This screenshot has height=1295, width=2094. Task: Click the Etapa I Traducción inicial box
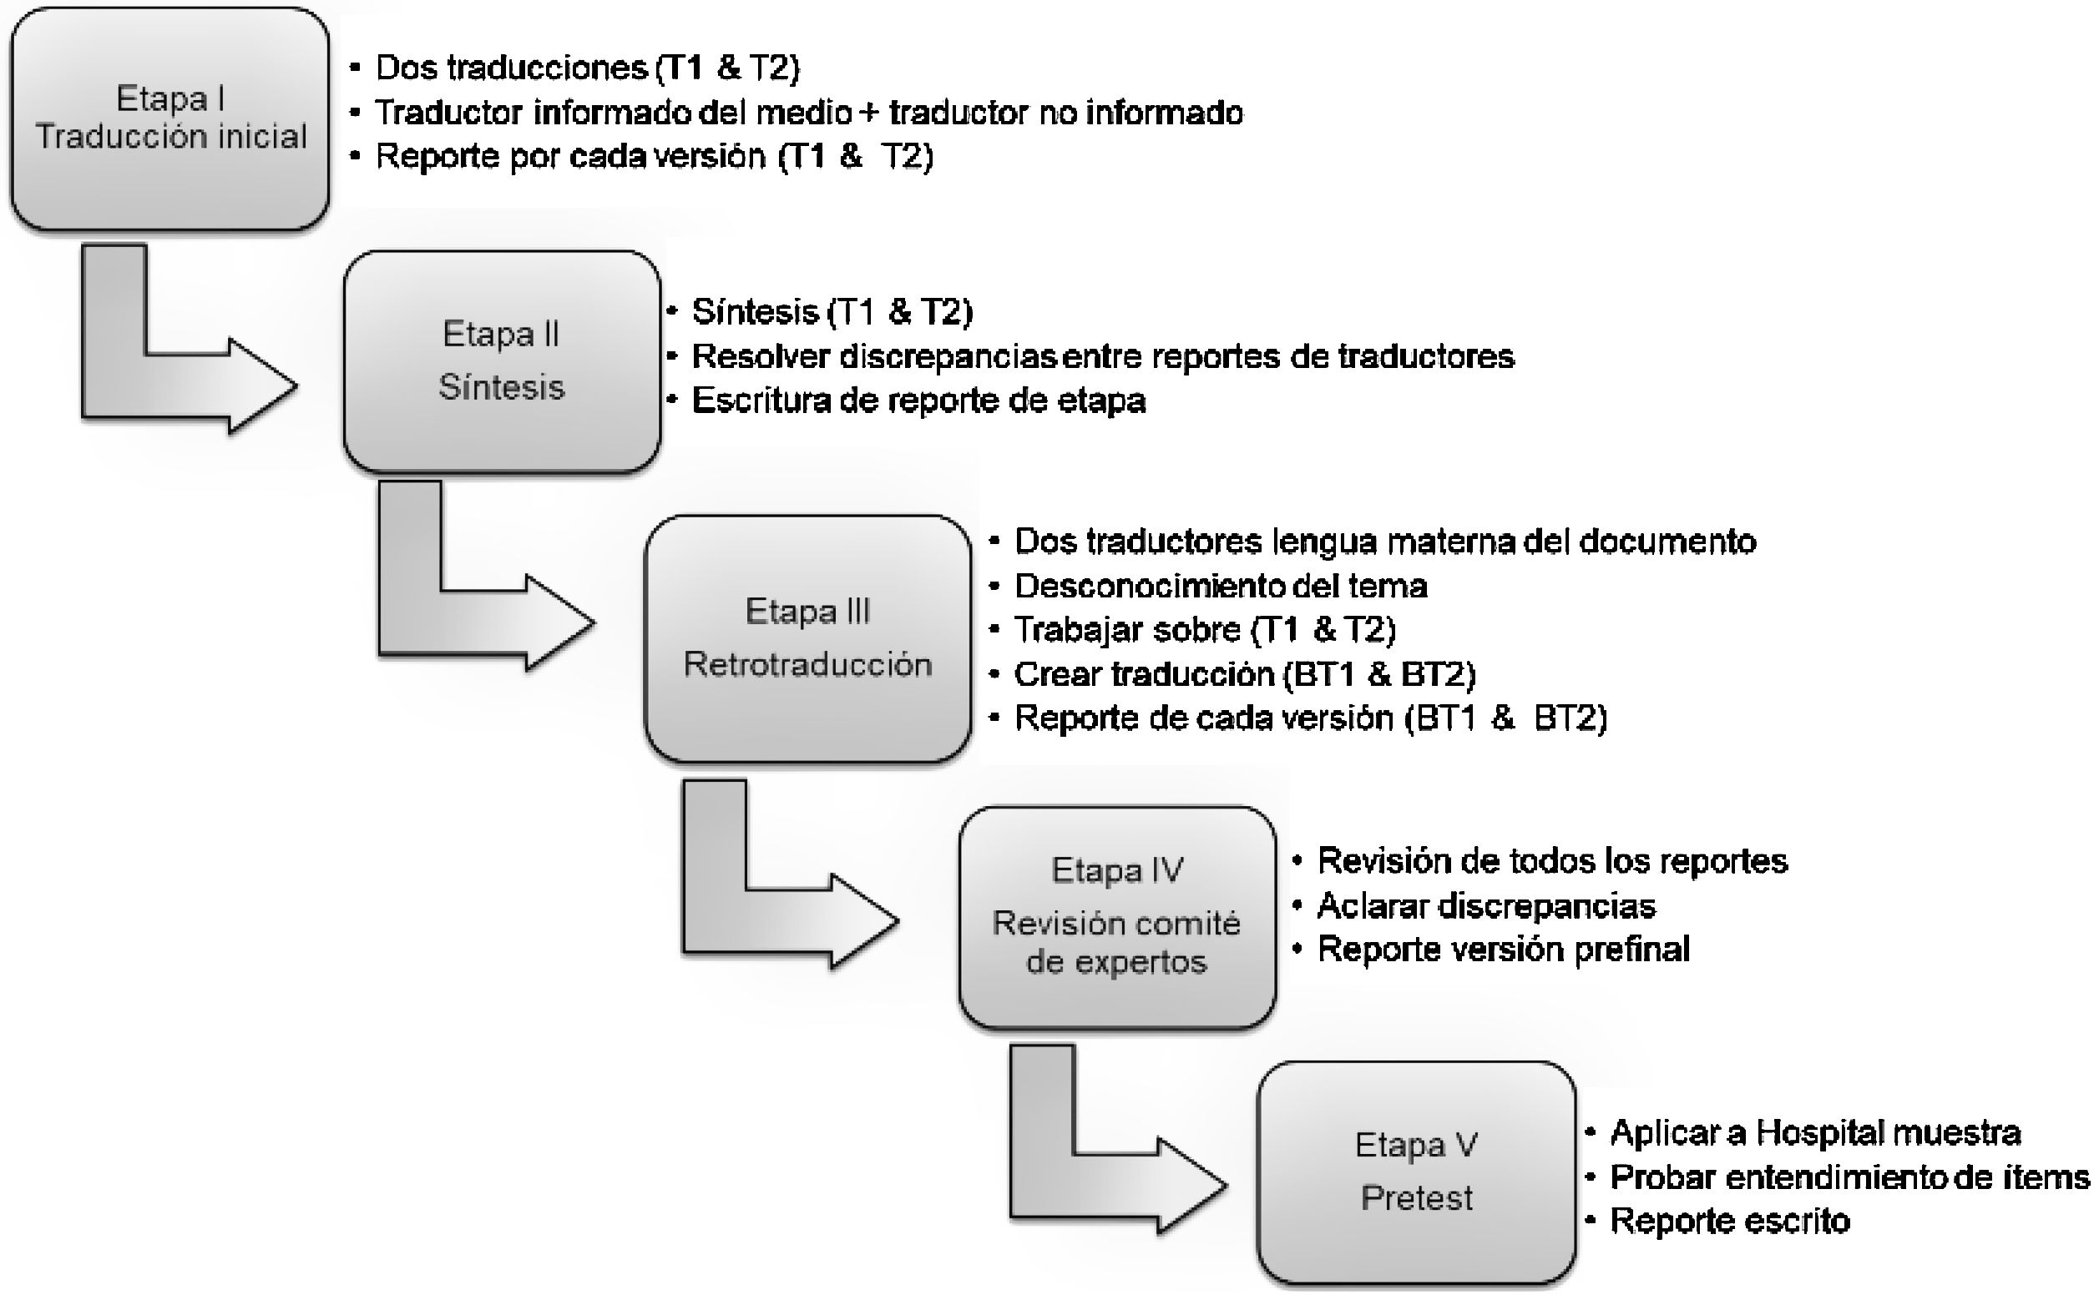[169, 118]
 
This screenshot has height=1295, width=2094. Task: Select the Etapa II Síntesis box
[502, 360]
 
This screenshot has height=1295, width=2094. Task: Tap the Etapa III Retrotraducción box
[807, 638]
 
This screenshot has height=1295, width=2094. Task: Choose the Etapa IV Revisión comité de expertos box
[1116, 916]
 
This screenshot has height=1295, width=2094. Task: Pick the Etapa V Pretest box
[1416, 1172]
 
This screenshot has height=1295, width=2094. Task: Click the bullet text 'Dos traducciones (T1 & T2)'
[587, 68]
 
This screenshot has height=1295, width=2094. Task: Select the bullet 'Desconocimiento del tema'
[1220, 586]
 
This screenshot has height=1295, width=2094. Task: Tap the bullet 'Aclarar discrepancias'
[1485, 905]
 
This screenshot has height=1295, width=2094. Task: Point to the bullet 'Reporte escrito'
[1729, 1221]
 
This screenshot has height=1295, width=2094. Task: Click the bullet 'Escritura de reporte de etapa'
[918, 400]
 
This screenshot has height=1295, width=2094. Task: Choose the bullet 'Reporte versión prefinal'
[1503, 949]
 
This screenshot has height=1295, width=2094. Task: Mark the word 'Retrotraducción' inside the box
[807, 665]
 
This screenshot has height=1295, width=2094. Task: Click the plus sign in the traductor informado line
[870, 112]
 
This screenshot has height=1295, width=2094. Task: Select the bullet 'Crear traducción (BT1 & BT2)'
[1244, 674]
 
